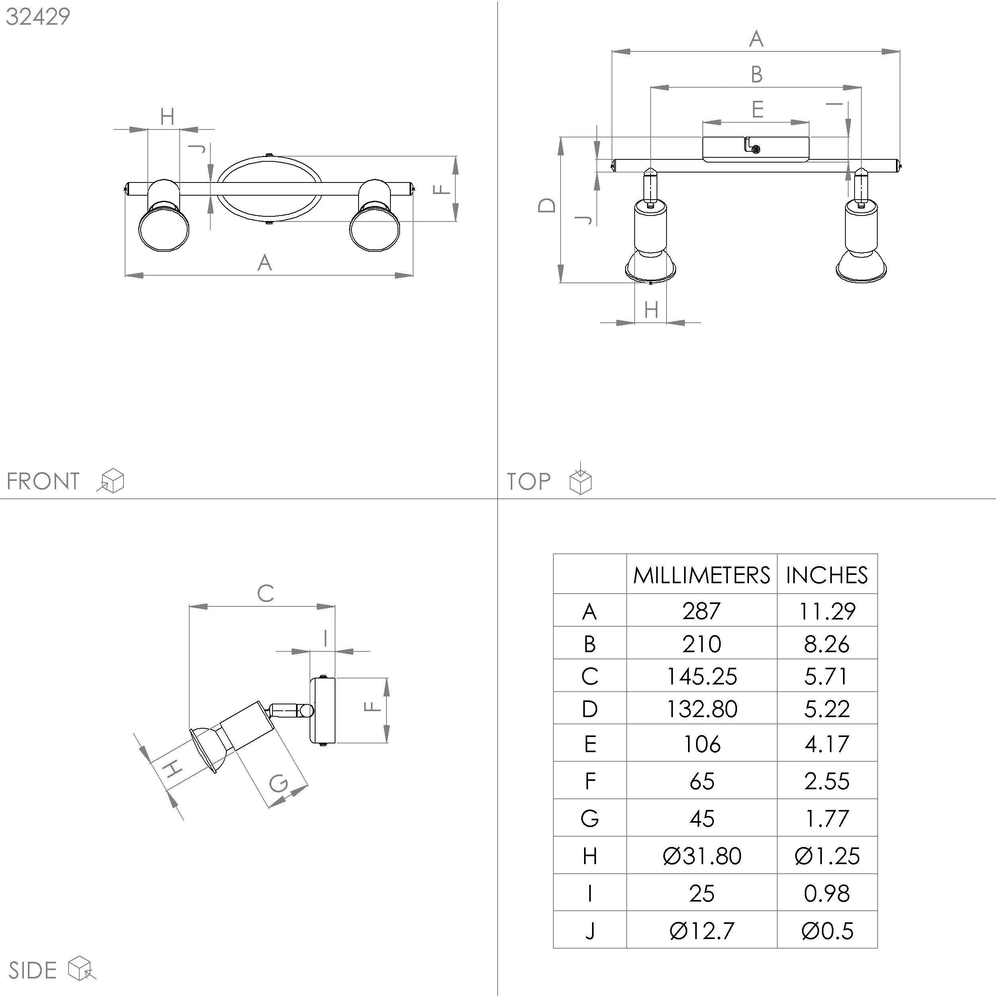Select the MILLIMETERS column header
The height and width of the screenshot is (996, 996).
click(x=701, y=575)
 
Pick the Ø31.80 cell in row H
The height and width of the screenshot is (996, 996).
click(x=701, y=856)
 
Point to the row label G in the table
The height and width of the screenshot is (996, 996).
click(x=589, y=819)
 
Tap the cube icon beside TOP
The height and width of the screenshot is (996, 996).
click(x=580, y=480)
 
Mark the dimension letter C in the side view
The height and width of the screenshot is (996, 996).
click(x=265, y=593)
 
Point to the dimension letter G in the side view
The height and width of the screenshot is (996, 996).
click(x=279, y=784)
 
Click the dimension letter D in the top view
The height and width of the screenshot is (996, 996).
click(x=547, y=205)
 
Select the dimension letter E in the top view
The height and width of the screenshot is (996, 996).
click(x=757, y=109)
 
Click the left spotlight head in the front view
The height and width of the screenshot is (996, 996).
click(x=164, y=228)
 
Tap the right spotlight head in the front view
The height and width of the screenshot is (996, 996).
click(x=375, y=228)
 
